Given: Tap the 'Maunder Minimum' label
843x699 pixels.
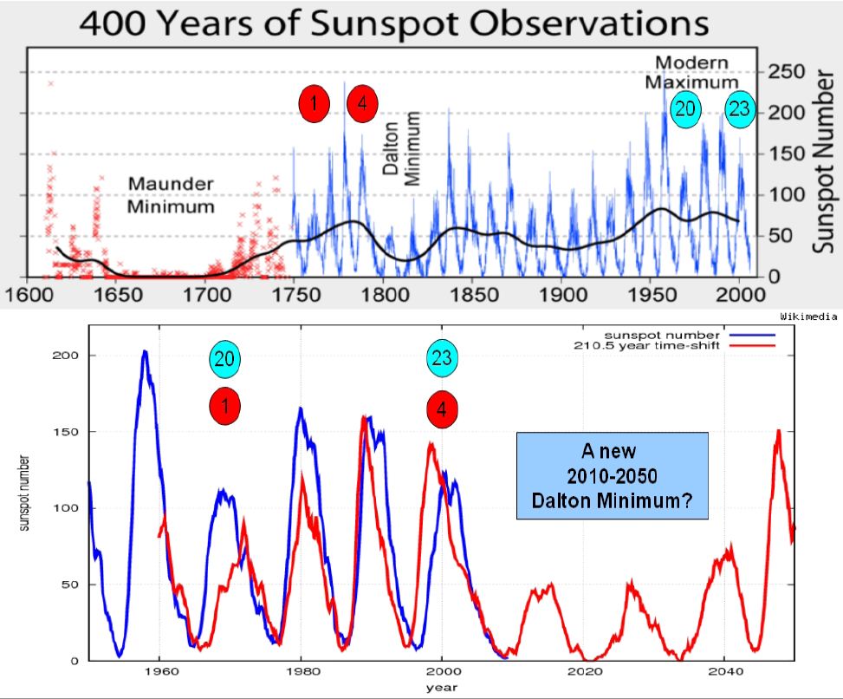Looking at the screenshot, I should pyautogui.click(x=172, y=195).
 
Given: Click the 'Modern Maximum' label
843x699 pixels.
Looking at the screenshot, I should pyautogui.click(x=691, y=72).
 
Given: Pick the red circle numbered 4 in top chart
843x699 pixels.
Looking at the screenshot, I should pyautogui.click(x=362, y=104).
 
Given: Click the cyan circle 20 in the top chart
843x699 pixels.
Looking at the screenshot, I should pyautogui.click(x=685, y=109).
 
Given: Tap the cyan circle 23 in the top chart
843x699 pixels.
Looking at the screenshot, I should pyautogui.click(x=740, y=109).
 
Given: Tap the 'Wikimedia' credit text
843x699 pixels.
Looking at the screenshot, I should pyautogui.click(x=811, y=318).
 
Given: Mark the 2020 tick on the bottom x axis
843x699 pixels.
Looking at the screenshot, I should pyautogui.click(x=584, y=673).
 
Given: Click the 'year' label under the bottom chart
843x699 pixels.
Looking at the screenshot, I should pyautogui.click(x=442, y=688).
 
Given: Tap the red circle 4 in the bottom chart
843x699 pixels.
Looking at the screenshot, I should pyautogui.click(x=442, y=410).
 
